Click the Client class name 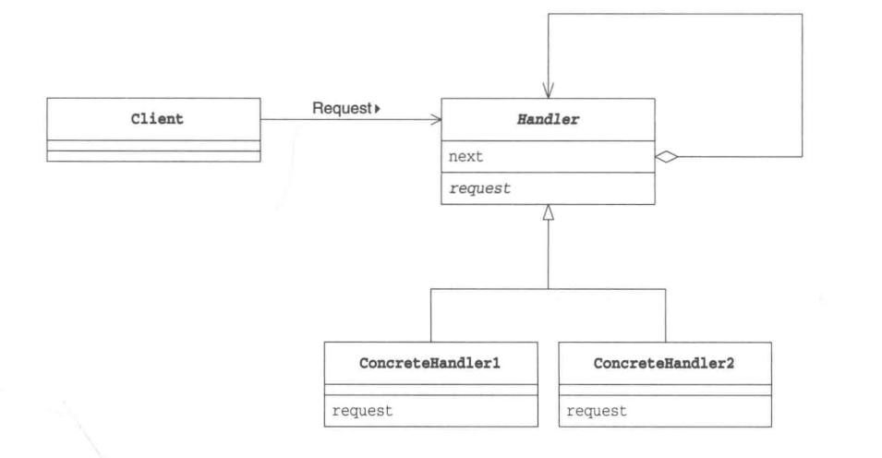[157, 119]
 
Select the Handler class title [548, 119]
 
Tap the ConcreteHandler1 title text [429, 364]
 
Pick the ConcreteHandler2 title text [664, 364]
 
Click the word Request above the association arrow [342, 108]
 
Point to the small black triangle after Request [378, 108]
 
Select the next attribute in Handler [465, 156]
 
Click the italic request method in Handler [480, 188]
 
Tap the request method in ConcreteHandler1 [362, 411]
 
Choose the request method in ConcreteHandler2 [597, 411]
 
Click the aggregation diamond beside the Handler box [667, 157]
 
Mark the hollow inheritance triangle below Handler [549, 212]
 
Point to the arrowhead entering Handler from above [549, 91]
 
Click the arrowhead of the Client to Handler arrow [435, 119]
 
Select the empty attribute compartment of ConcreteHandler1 [431, 390]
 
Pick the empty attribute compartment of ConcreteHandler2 [666, 390]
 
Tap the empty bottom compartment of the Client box [153, 156]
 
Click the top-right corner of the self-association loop [803, 14]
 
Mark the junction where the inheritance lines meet [549, 289]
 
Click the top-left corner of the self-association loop [549, 14]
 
